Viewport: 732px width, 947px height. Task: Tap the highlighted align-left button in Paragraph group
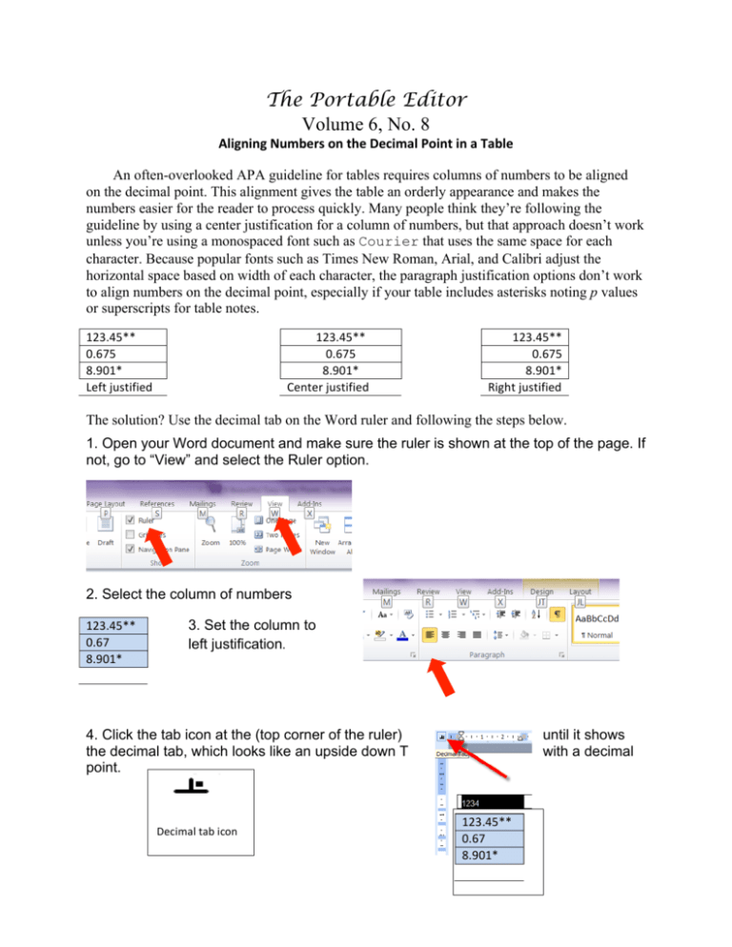pyautogui.click(x=429, y=634)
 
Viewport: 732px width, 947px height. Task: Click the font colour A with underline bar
pyautogui.click(x=404, y=635)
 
